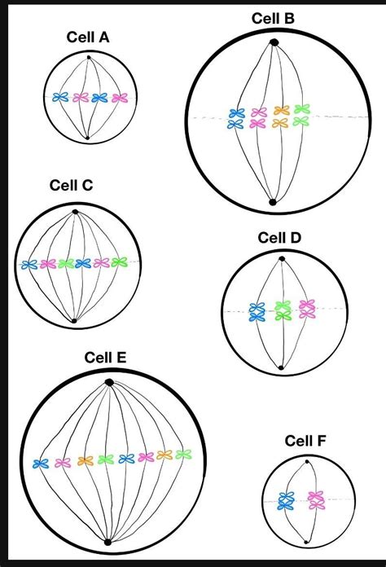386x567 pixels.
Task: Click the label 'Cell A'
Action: [x=88, y=37]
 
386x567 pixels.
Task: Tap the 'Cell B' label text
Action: [x=274, y=18]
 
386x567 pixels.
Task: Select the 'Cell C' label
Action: [x=70, y=186]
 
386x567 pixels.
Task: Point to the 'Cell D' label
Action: [x=279, y=238]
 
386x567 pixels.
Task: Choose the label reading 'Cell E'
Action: [x=105, y=358]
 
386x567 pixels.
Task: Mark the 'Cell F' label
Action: [x=307, y=441]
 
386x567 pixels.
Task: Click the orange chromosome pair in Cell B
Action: [x=281, y=116]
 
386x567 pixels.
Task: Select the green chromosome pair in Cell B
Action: [x=302, y=115]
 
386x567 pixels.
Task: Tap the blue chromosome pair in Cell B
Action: [x=237, y=119]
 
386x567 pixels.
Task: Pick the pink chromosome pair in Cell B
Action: [x=259, y=118]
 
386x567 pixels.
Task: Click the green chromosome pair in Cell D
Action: [x=283, y=310]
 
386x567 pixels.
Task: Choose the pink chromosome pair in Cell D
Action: [x=307, y=309]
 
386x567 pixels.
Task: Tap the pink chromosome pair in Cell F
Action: [x=314, y=500]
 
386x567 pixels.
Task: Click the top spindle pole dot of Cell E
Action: [x=109, y=382]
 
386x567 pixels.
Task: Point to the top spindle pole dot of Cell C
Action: [x=75, y=212]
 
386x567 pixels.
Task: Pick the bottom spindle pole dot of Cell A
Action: [x=88, y=138]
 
